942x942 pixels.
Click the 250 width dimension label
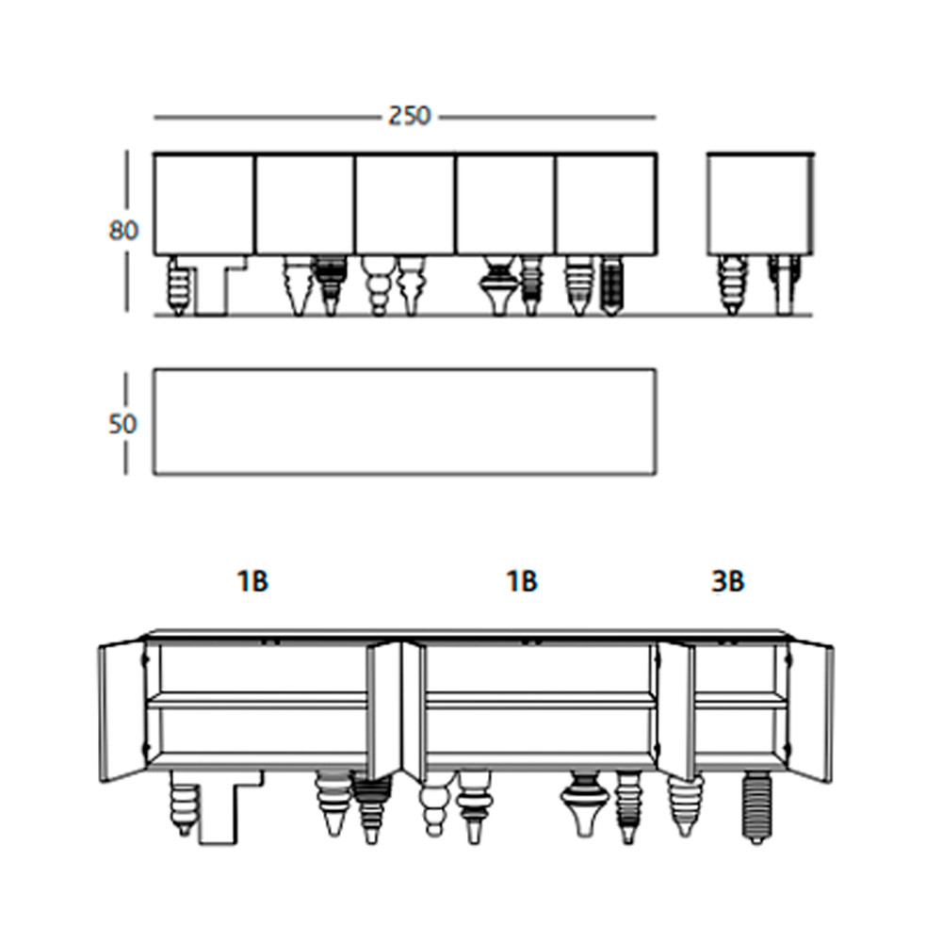[x=409, y=116]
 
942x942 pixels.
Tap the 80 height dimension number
[x=123, y=230]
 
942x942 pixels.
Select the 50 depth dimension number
[x=122, y=424]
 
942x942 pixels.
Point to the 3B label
[x=727, y=581]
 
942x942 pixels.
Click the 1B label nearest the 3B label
[x=522, y=581]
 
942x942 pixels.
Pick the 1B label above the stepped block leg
[x=252, y=581]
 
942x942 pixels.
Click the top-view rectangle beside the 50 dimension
[x=404, y=422]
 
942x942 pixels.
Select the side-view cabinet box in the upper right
[x=760, y=204]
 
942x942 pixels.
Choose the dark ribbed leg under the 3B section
[x=757, y=807]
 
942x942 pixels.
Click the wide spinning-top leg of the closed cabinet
[x=499, y=285]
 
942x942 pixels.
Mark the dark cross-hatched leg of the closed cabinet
[x=611, y=285]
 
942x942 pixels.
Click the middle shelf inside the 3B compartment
[x=740, y=699]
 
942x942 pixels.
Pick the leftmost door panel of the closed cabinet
[x=203, y=204]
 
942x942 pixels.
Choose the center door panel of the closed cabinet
[x=404, y=204]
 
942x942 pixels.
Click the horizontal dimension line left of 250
[x=268, y=118]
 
